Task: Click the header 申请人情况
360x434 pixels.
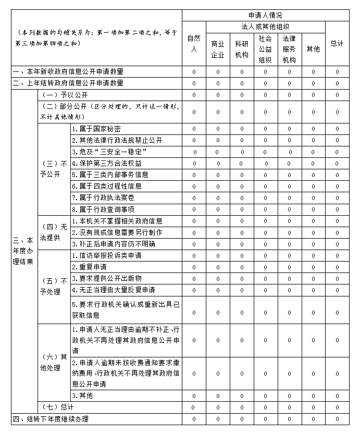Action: (x=266, y=16)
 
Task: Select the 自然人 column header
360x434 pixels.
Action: (x=194, y=43)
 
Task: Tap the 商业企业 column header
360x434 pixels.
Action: (x=218, y=49)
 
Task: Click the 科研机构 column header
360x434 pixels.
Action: (x=242, y=49)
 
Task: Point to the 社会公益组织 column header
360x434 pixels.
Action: (x=265, y=49)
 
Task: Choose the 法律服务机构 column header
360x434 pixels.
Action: (x=289, y=49)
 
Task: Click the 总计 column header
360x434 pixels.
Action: (x=337, y=43)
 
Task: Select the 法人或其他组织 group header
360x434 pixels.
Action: (x=266, y=27)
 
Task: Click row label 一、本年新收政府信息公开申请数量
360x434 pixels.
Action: (x=68, y=71)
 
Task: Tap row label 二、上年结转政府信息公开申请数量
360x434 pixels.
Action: (x=68, y=83)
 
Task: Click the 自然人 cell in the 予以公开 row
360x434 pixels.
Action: (x=194, y=95)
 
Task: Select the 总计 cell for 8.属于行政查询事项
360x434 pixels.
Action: (x=337, y=209)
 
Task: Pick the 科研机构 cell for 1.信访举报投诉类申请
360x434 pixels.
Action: (x=242, y=256)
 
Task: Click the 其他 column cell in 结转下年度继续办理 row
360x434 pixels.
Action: (x=313, y=418)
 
